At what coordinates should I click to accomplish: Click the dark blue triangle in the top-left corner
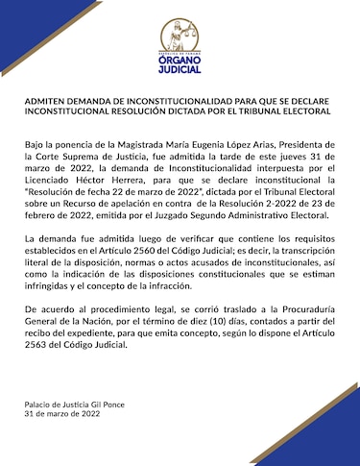pyautogui.click(x=24, y=10)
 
